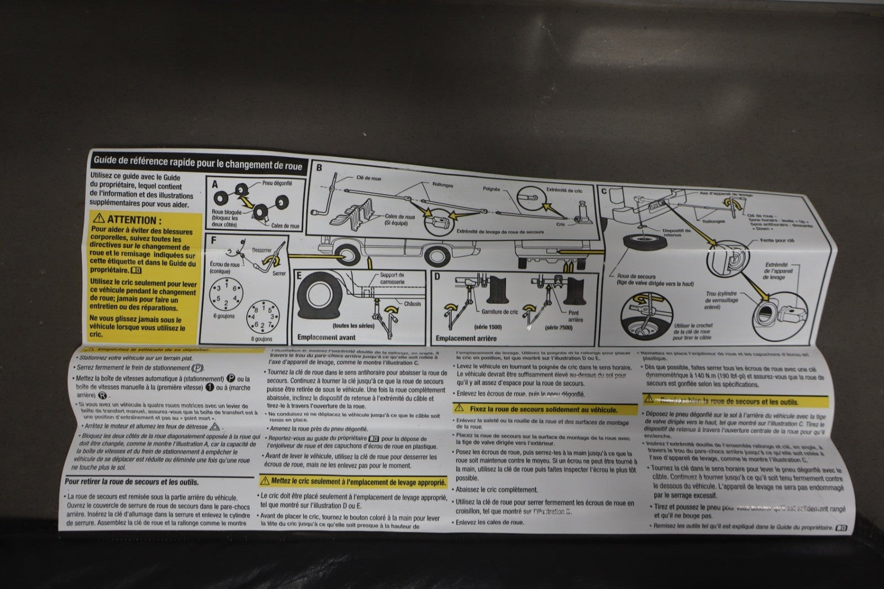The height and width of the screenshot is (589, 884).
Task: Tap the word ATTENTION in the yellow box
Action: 131,220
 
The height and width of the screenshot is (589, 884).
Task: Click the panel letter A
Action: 215,185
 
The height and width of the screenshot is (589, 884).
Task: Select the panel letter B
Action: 319,167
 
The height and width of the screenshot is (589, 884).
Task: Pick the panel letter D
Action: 437,276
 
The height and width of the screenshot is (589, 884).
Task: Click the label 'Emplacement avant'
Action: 325,337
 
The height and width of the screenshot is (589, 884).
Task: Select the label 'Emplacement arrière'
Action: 466,338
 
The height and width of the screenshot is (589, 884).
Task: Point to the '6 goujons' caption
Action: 223,316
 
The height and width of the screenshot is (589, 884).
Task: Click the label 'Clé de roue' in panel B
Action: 369,178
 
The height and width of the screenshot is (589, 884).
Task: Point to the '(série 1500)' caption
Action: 491,327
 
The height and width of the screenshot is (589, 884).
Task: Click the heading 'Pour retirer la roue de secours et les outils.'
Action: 131,482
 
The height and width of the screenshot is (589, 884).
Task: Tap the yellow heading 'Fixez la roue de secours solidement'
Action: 544,410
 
